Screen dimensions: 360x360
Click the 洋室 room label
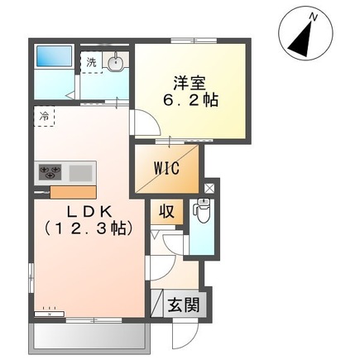pyautogui.click(x=189, y=83)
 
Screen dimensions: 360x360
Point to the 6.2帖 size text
pyautogui.click(x=189, y=102)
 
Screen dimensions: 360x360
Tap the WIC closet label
pyautogui.click(x=166, y=166)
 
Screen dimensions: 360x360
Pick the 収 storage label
pyautogui.click(x=166, y=211)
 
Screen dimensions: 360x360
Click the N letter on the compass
pyautogui.click(x=313, y=16)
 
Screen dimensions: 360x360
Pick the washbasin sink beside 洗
pyautogui.click(x=116, y=63)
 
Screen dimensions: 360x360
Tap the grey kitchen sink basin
pyautogui.click(x=81, y=172)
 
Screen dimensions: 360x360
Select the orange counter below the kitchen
pyautogui.click(x=73, y=193)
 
